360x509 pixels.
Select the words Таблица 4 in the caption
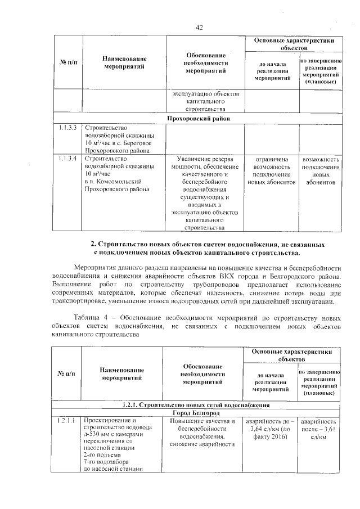click(x=89, y=318)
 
